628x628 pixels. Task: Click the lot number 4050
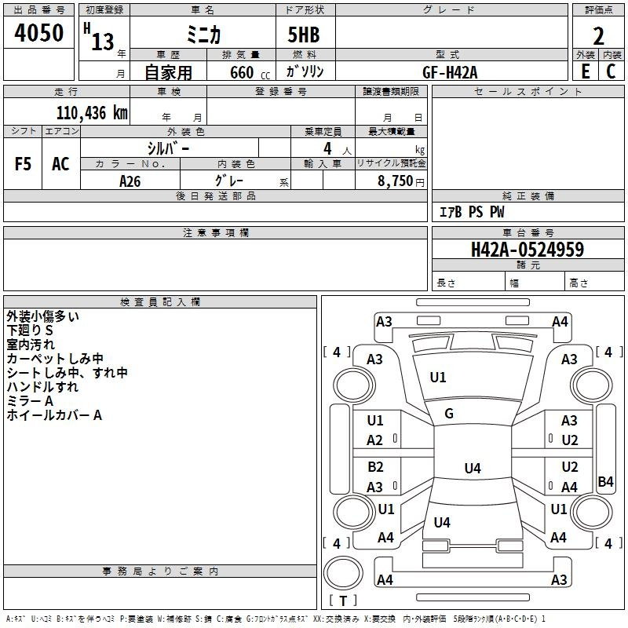coord(38,33)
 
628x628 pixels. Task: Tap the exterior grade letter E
coord(585,71)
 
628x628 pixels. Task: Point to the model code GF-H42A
coord(450,71)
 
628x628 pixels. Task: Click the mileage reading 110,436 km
coord(91,113)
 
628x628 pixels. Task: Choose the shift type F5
coord(24,164)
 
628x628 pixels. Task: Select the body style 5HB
coord(298,35)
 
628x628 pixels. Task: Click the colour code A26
coord(130,181)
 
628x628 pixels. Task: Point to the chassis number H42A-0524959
coord(527,250)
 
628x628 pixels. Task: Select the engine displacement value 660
coord(241,72)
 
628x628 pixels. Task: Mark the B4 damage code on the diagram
coord(605,482)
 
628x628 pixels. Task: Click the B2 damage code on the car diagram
coord(375,467)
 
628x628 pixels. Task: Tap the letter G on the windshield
coord(449,414)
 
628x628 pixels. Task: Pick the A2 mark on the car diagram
coord(375,440)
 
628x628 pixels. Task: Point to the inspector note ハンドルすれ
coord(42,387)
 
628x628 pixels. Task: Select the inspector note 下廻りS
coord(30,330)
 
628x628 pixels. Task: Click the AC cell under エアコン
coord(60,164)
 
